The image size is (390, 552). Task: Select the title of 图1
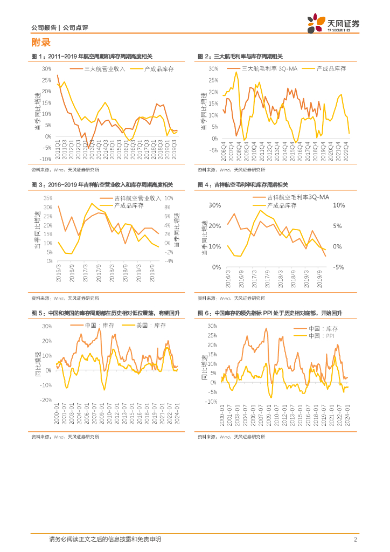click(x=92, y=57)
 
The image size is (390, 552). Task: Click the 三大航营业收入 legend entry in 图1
click(x=105, y=69)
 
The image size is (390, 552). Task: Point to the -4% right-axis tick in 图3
click(x=169, y=261)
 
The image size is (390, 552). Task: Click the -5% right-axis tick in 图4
click(x=339, y=267)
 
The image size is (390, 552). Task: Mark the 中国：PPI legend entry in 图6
click(x=323, y=335)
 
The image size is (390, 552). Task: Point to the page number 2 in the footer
click(x=356, y=540)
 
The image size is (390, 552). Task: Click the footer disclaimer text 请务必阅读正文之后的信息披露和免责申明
click(x=105, y=540)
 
